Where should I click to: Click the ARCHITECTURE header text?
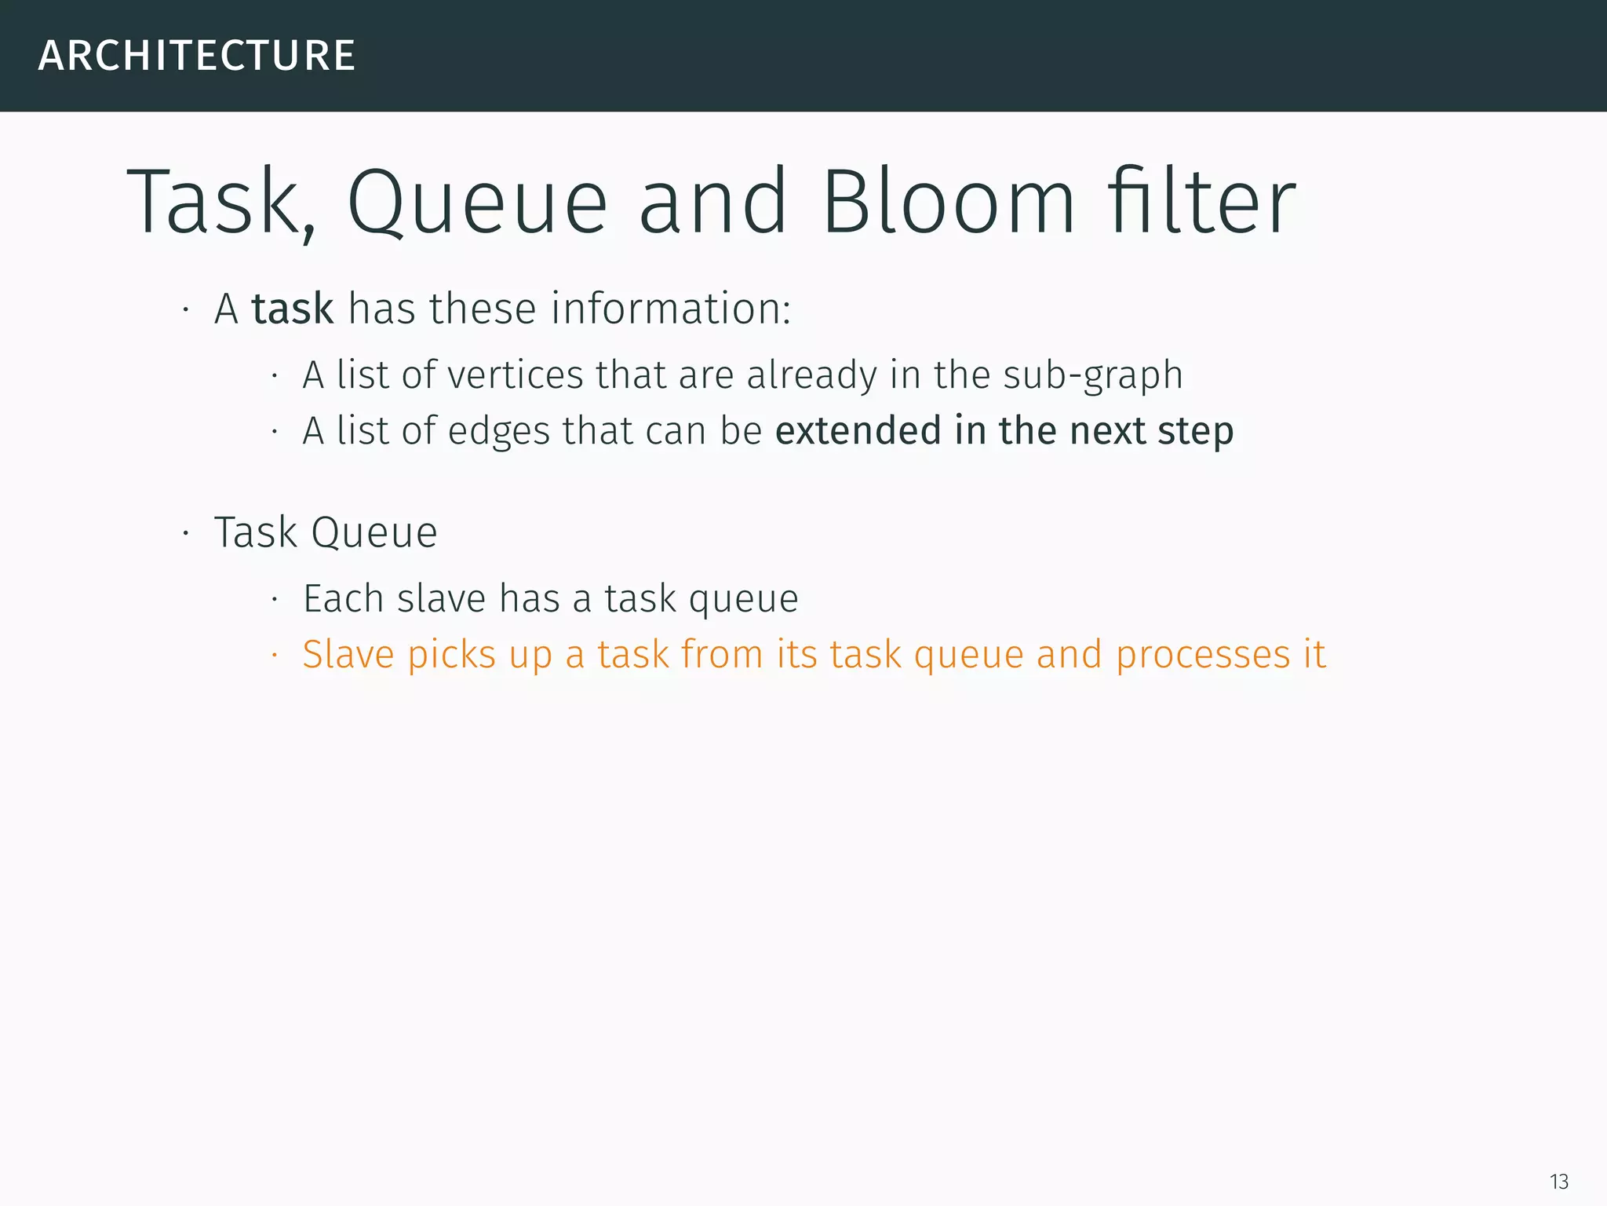tap(196, 56)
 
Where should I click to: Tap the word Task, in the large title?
tap(220, 204)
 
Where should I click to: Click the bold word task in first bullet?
tap(292, 309)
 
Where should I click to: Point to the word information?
tap(671, 309)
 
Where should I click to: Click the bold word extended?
tap(858, 431)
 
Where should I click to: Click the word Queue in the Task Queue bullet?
tap(374, 533)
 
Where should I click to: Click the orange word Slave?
tap(348, 655)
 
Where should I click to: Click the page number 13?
tap(1558, 1182)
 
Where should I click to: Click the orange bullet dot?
tap(275, 655)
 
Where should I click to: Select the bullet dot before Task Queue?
tap(186, 534)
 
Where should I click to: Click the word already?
tap(811, 376)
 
